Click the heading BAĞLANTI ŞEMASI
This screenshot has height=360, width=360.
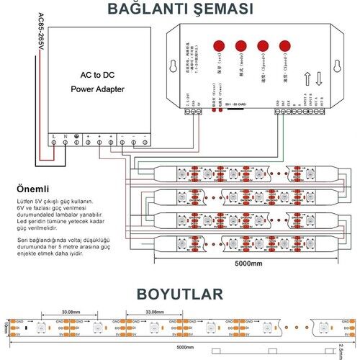(179, 9)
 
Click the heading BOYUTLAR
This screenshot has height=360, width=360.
(179, 295)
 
